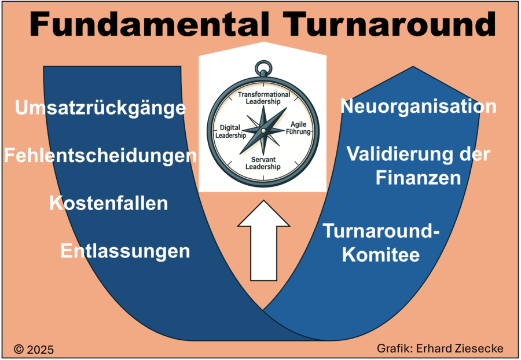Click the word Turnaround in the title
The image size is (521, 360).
pos(382,24)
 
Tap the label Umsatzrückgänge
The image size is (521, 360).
pos(101,108)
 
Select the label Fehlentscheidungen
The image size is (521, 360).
pos(100,156)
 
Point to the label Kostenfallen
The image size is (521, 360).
pos(109,204)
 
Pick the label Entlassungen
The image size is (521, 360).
pos(125,251)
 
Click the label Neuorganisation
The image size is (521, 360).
pos(418,106)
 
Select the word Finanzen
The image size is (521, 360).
pos(418,178)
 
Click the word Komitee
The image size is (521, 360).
pos(380,255)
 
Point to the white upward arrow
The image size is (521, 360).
pos(263,244)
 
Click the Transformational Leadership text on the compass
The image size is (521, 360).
pos(263,97)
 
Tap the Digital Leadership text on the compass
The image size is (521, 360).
pos(230,131)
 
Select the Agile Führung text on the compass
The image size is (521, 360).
pos(298,128)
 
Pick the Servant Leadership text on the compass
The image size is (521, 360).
pos(263,163)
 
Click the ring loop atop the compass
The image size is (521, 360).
pos(263,68)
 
